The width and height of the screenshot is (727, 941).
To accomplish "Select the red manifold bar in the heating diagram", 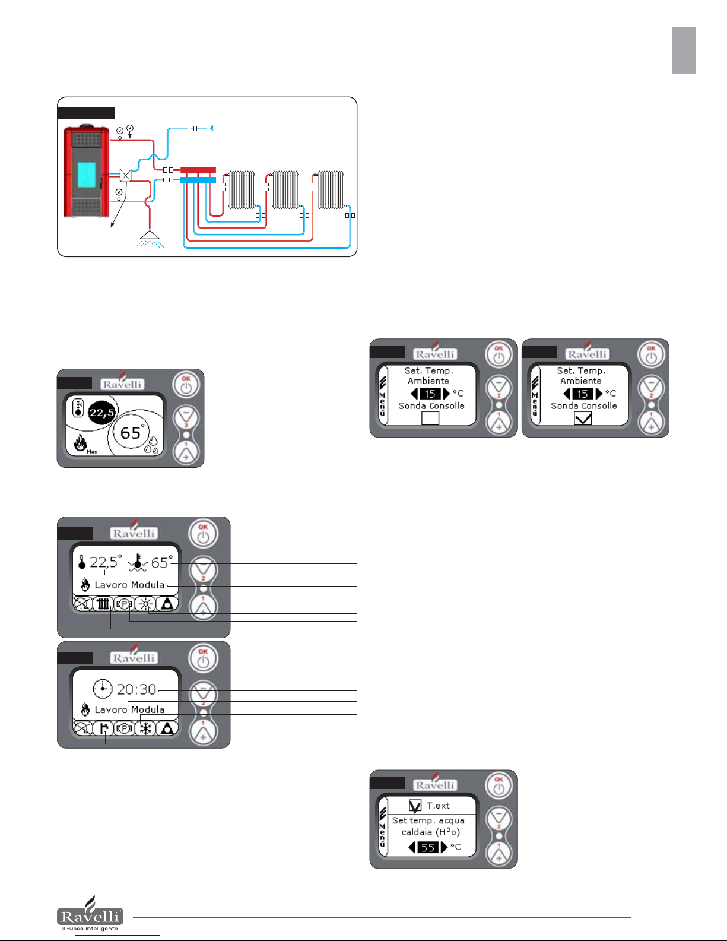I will tap(198, 170).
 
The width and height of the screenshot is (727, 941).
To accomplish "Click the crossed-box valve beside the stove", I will tap(125, 175).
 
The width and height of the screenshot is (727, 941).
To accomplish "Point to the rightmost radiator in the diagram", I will tap(330, 190).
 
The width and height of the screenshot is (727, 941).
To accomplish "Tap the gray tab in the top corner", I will tap(684, 50).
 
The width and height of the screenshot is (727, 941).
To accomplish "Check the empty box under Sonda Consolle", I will tap(430, 419).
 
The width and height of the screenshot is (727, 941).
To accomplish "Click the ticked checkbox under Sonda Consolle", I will tap(583, 419).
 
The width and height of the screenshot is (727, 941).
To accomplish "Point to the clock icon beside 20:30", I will tap(103, 689).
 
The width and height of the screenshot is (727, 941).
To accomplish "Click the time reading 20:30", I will tap(136, 689).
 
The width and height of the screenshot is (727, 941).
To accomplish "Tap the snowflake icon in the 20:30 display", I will tap(145, 728).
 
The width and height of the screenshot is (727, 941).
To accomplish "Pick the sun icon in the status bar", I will tap(145, 604).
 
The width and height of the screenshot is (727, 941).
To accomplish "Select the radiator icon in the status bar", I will tap(103, 604).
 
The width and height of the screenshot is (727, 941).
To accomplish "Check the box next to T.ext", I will tap(415, 806).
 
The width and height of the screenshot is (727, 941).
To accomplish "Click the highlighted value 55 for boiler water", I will tap(428, 847).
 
